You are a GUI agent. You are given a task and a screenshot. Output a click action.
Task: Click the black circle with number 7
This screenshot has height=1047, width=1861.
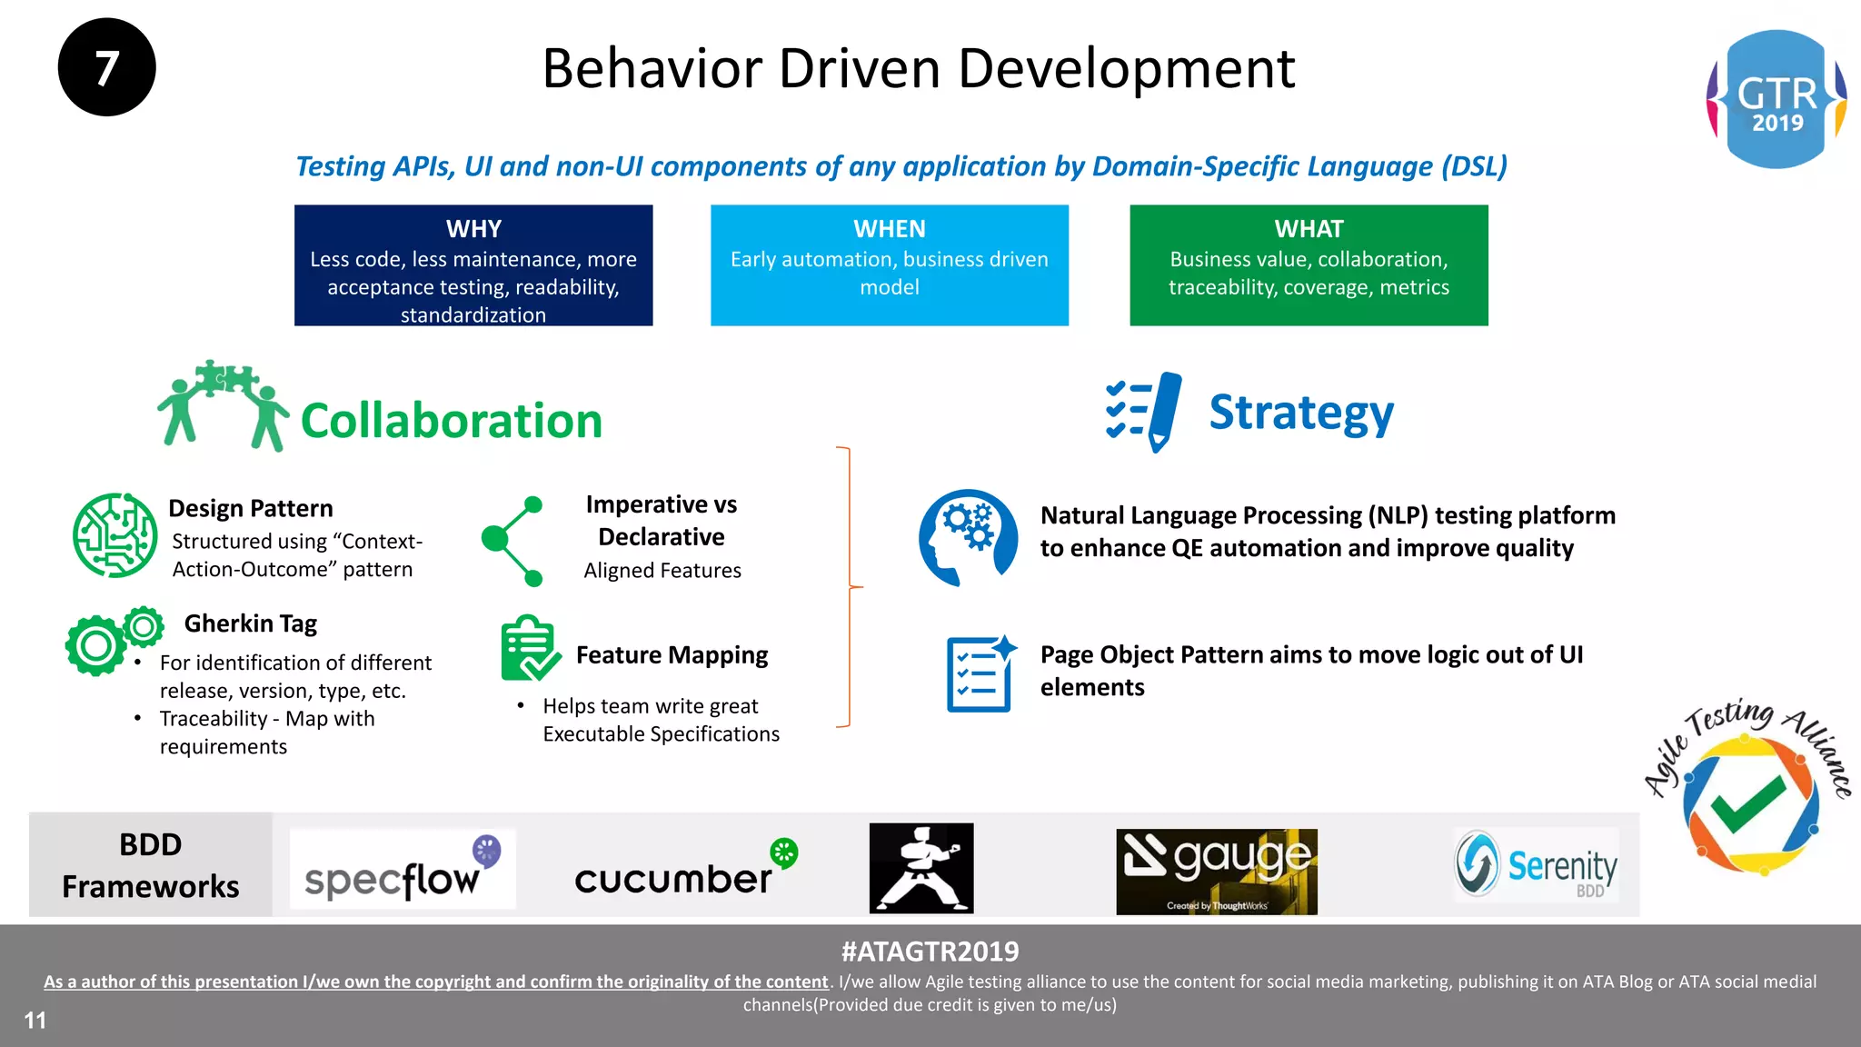tap(106, 67)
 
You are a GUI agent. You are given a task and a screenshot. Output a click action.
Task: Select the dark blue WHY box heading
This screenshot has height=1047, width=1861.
tap(473, 229)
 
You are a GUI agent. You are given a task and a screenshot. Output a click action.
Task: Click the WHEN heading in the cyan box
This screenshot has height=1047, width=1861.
tap(890, 229)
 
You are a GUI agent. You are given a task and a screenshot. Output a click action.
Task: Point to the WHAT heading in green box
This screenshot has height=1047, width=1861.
tap(1309, 229)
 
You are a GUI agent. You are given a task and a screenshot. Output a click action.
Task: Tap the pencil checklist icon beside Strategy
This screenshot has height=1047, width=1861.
tap(1144, 412)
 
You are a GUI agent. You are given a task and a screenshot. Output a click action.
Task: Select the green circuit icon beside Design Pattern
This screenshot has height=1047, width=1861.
tap(115, 535)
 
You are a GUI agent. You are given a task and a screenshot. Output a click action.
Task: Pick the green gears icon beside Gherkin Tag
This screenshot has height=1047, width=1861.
tap(113, 640)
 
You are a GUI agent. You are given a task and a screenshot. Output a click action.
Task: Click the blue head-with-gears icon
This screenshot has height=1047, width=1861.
tap(968, 536)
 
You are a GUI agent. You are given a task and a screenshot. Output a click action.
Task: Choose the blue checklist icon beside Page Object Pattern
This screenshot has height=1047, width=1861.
tap(980, 673)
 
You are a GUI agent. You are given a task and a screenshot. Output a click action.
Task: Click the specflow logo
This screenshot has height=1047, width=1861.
tap(403, 869)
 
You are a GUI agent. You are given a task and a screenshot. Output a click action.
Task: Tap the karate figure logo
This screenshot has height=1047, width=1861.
tap(921, 868)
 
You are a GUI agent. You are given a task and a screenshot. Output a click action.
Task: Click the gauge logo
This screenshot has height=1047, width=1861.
tap(1216, 871)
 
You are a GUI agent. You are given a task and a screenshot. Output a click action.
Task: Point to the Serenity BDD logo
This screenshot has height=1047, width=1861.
tap(1536, 864)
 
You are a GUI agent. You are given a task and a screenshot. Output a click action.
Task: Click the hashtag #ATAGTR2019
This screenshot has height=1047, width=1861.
tap(930, 952)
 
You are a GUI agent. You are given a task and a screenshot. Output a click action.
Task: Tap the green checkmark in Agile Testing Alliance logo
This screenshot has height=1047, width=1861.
tap(1747, 804)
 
